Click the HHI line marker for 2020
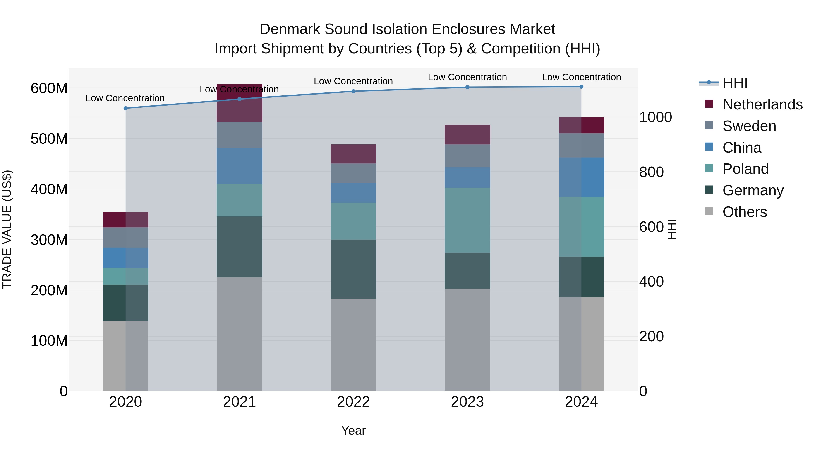point(126,108)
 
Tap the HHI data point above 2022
point(353,91)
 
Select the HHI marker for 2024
point(581,87)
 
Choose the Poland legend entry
point(745,169)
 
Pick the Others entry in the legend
point(744,212)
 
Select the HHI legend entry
point(735,83)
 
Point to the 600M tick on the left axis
point(49,88)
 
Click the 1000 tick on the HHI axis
point(655,117)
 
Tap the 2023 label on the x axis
point(467,402)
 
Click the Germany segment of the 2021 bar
point(240,247)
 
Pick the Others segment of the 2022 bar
point(353,344)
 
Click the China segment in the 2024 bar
point(581,177)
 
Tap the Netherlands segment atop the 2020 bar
point(126,220)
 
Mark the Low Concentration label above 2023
point(467,77)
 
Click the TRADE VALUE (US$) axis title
point(7,229)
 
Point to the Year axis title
point(353,430)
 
